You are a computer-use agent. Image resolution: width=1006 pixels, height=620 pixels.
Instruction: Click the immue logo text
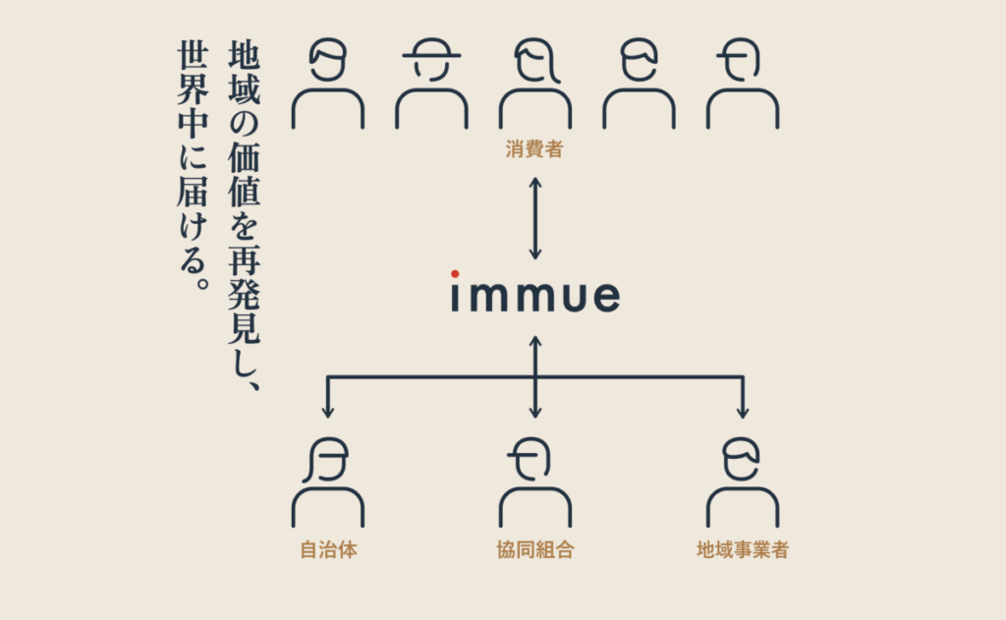coord(535,296)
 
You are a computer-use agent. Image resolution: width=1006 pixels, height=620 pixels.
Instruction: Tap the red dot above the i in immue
coord(455,273)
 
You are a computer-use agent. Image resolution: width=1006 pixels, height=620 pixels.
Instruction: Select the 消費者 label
coord(534,151)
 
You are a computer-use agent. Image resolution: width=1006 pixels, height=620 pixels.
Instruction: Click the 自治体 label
coord(328,549)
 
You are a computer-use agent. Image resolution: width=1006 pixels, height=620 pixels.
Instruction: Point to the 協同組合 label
coord(534,549)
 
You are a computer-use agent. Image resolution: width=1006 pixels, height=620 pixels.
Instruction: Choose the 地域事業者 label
coord(742,549)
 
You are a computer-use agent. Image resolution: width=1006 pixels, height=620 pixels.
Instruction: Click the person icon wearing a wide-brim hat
coord(431,84)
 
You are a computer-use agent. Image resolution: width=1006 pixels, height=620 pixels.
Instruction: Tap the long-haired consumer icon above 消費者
coord(534,84)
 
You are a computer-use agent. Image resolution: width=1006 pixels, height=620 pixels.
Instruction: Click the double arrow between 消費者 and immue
coord(534,218)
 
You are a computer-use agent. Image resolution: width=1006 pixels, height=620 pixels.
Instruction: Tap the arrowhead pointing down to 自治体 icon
coord(328,410)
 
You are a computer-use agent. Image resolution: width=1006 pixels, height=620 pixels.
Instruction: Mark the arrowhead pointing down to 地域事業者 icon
coord(742,410)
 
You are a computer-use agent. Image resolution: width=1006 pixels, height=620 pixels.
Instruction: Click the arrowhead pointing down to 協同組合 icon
coord(534,410)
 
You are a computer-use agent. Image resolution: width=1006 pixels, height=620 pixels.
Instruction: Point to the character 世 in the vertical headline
coord(193,56)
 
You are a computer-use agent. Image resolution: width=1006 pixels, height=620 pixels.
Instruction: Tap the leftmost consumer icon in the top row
coord(328,84)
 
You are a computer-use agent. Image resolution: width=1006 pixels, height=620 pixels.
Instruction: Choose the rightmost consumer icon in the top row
coord(742,84)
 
